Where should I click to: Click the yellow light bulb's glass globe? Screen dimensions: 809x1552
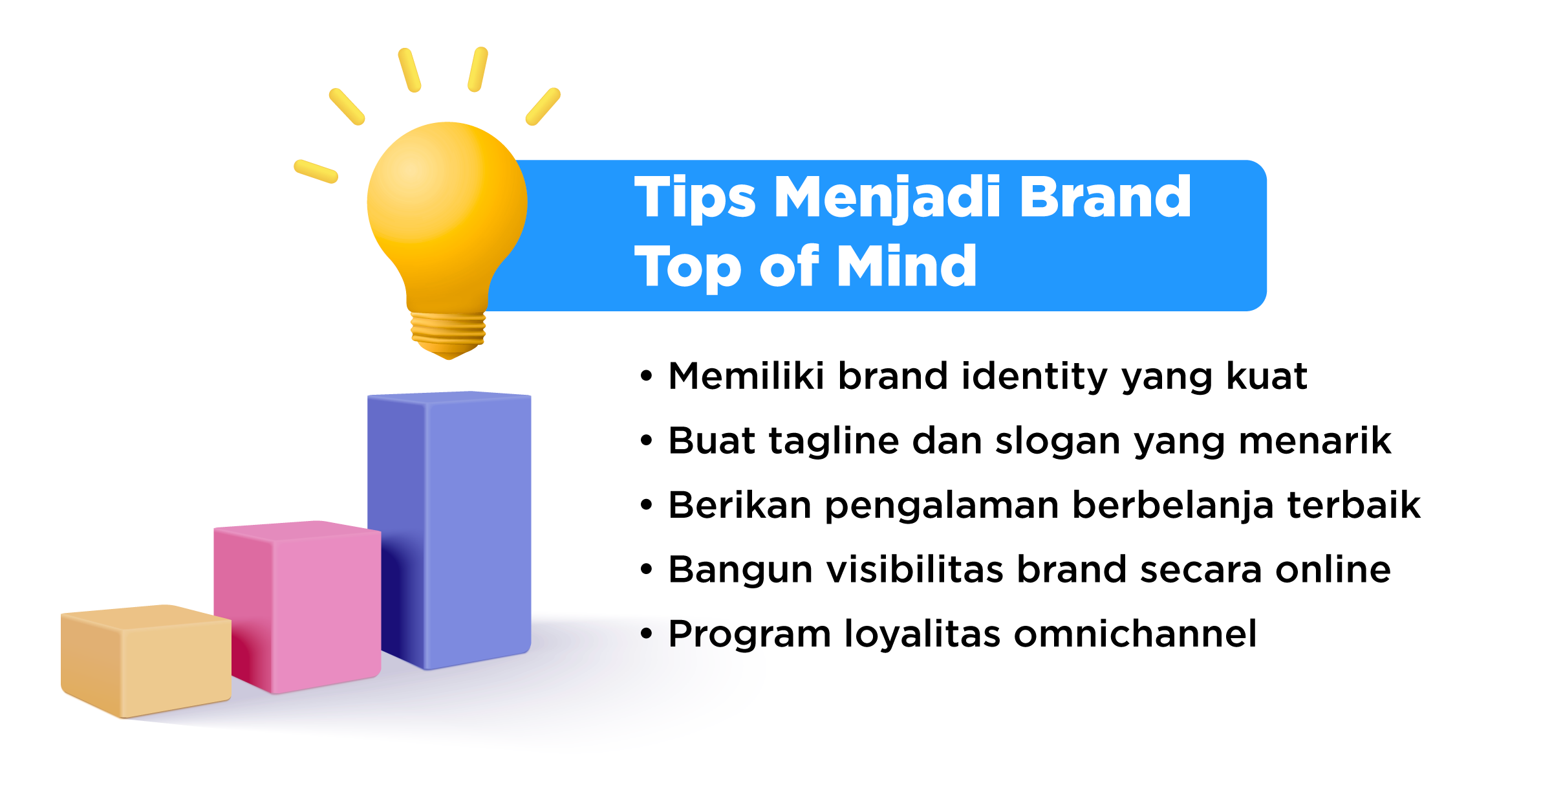[446, 207]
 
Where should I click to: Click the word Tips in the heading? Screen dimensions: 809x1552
[695, 197]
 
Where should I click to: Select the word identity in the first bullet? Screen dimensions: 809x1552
[1035, 377]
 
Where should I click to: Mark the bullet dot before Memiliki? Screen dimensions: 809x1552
[646, 376]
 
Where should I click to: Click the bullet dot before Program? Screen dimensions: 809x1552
[646, 634]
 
